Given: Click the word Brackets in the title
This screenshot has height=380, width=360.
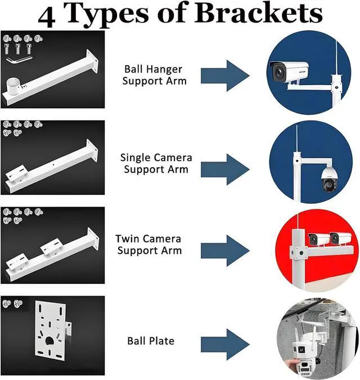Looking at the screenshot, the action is [x=259, y=15].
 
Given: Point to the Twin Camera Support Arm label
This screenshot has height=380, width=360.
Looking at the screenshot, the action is [x=150, y=244].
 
